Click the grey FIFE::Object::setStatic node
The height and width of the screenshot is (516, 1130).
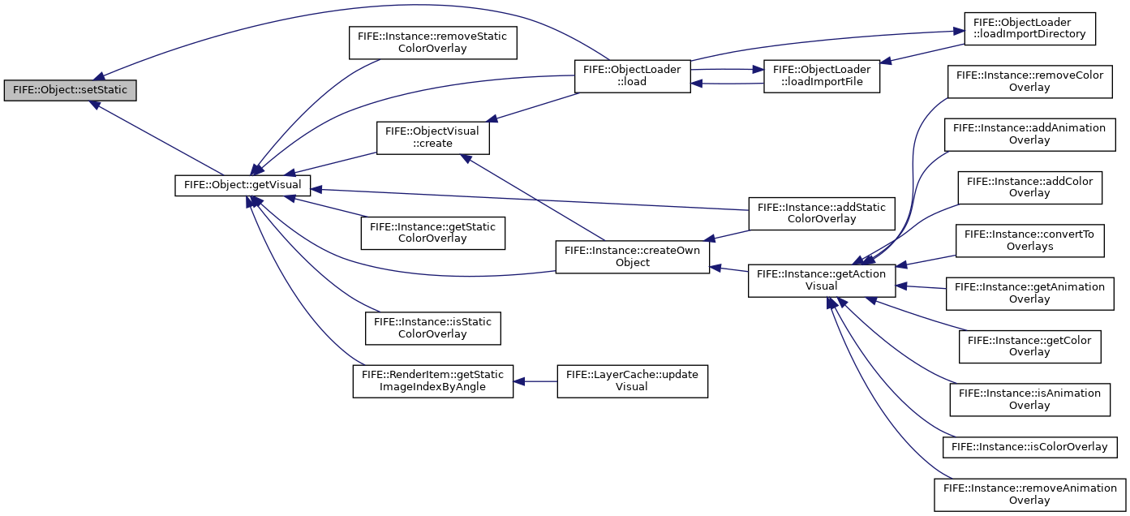(70, 90)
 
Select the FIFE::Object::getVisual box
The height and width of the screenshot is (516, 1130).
(243, 185)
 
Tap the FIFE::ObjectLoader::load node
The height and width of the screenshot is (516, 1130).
(632, 76)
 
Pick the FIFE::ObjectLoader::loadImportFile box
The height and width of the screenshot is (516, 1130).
(822, 76)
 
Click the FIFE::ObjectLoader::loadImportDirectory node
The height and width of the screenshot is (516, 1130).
(1029, 28)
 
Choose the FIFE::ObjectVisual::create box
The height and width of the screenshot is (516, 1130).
(433, 138)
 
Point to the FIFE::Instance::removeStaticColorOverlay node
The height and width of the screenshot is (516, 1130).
(433, 43)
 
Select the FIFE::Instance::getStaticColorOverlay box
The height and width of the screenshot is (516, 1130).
(433, 233)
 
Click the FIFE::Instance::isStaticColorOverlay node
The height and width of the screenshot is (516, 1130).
(433, 329)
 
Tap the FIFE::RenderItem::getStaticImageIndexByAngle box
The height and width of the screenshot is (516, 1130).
(433, 381)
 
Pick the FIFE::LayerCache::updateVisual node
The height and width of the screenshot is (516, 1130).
(632, 381)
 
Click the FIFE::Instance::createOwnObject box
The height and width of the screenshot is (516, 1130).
(632, 256)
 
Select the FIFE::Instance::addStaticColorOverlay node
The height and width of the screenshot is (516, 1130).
(822, 213)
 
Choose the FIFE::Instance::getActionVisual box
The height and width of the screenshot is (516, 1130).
(822, 281)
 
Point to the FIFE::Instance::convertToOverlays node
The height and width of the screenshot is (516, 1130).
(1029, 241)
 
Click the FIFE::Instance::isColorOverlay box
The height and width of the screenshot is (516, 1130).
(1029, 447)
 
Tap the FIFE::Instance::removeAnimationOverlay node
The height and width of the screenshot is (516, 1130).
(1029, 495)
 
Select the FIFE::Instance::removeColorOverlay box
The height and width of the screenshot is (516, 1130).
(1029, 82)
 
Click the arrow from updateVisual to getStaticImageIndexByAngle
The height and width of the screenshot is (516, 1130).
(535, 381)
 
